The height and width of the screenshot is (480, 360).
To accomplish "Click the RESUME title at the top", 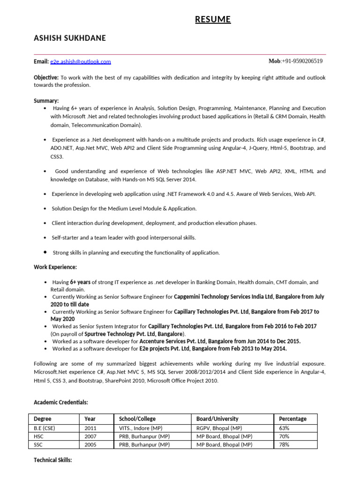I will pos(213,19).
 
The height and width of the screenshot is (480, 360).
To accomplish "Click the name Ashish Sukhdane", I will pos(70,38).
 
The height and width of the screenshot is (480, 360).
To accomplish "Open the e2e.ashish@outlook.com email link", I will pos(81,61).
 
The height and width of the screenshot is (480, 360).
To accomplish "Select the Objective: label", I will pos(46,77).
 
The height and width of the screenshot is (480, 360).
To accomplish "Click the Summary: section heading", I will pos(46,101).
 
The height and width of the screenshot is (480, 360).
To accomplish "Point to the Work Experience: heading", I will pos(55,267).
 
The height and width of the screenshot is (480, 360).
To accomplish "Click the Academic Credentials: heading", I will pos(61,402).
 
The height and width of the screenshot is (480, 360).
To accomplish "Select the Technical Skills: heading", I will pos(53,460).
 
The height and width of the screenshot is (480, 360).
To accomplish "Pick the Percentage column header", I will pos(292,419).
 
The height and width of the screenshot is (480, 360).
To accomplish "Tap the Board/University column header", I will pos(217,419).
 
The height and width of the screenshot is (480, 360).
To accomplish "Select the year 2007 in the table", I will pos(90,436).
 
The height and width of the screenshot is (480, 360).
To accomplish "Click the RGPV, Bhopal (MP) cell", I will pos(219,428).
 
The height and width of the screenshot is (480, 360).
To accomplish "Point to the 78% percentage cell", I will pos(284,444).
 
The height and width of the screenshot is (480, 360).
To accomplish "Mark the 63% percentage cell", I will pos(284,428).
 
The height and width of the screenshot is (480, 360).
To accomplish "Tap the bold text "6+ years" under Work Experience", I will pos(80,282).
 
